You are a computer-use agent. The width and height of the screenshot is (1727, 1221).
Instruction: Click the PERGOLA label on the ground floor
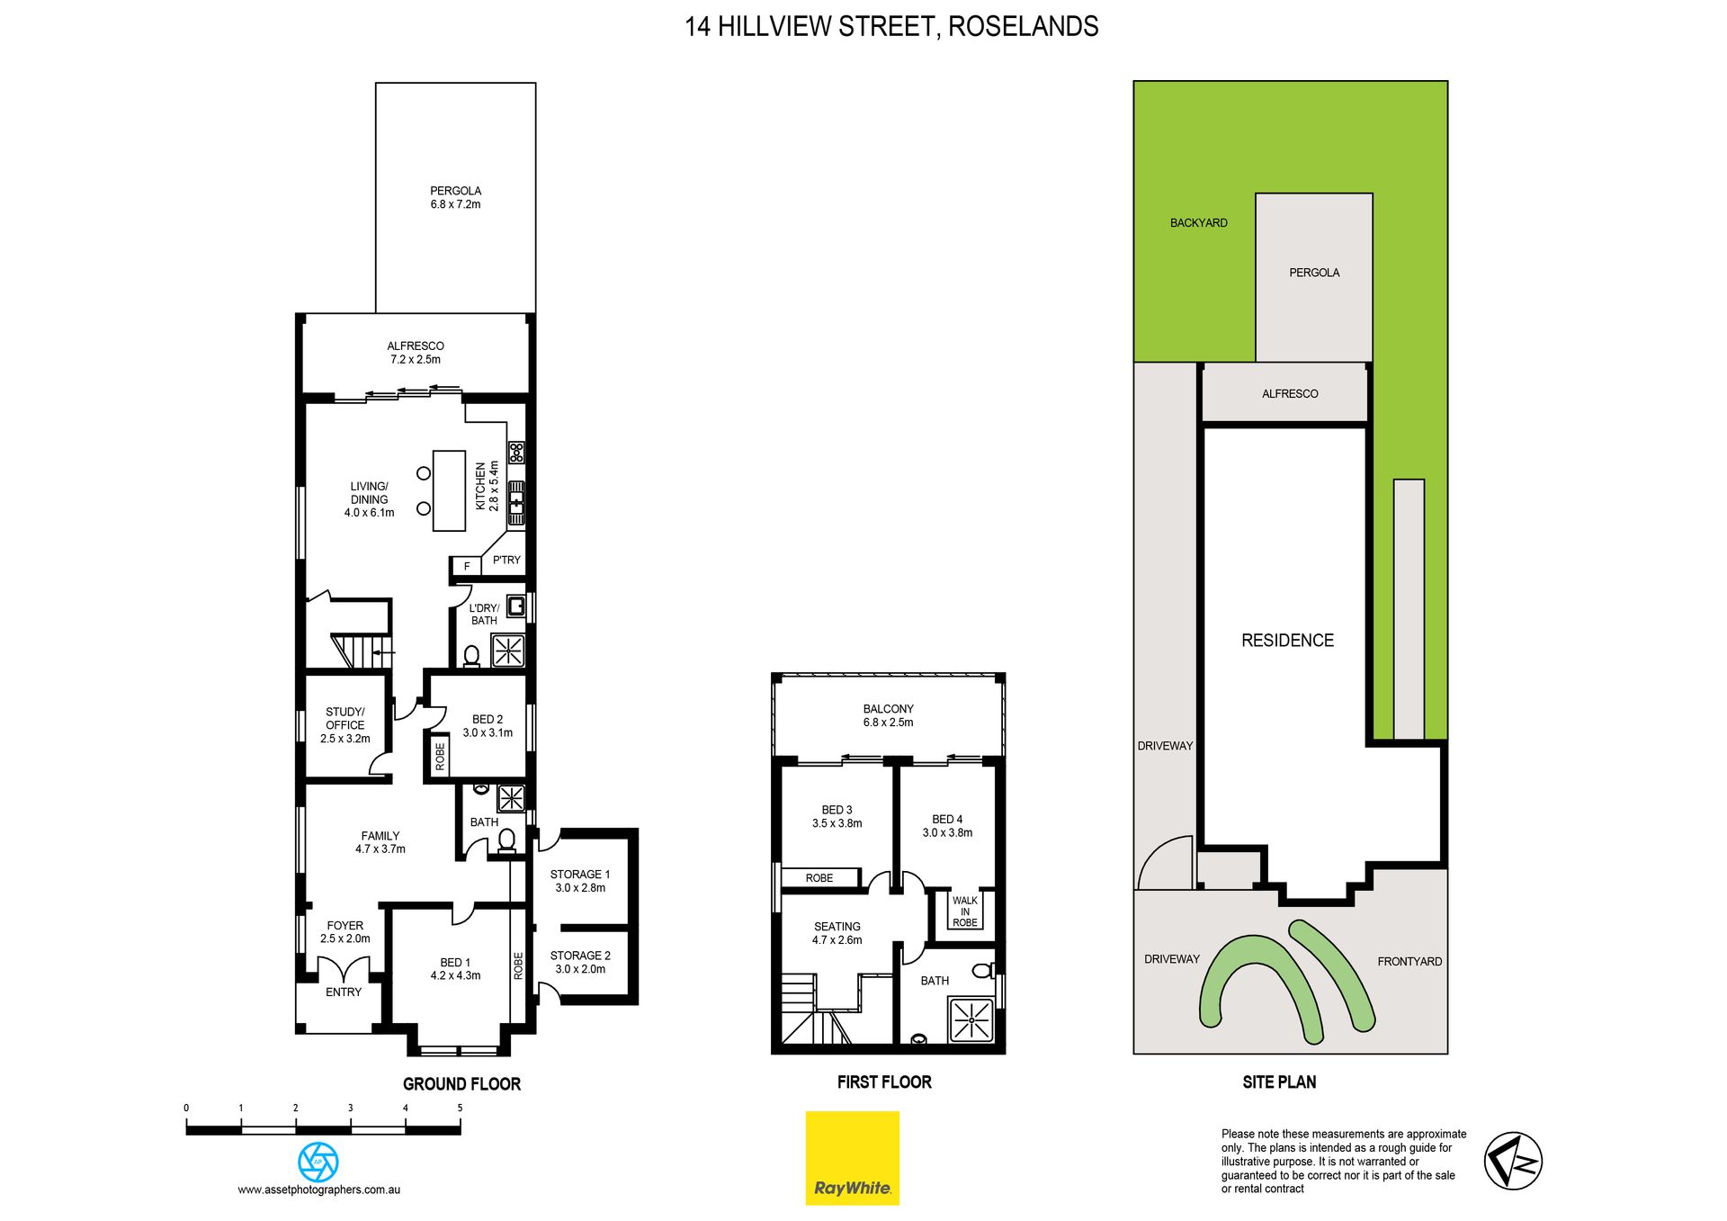pos(455,191)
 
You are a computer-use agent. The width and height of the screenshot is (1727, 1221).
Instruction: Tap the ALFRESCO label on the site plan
pos(1290,394)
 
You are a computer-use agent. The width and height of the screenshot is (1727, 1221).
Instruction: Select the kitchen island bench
pos(449,491)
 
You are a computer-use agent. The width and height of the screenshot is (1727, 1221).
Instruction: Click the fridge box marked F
pos(466,566)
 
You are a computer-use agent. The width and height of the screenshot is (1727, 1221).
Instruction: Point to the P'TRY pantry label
pos(506,560)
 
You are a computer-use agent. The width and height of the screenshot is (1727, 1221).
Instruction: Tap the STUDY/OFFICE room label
pos(345,718)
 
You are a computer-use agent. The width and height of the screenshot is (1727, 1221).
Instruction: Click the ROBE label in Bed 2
pos(440,757)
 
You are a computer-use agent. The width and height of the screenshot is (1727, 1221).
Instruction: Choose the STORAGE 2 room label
pos(580,956)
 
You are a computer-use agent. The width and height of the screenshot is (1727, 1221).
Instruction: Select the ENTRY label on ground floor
pos(344,992)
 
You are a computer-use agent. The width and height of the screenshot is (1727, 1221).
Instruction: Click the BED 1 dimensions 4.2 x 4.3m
pos(455,975)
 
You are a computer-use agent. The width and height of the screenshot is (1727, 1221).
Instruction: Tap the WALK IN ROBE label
pos(965,911)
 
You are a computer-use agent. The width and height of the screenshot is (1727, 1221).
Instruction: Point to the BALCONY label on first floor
pos(888,709)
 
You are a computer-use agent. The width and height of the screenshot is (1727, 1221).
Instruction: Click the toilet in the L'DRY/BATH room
pos(471,656)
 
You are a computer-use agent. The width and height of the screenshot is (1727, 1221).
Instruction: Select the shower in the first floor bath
pos(971,1019)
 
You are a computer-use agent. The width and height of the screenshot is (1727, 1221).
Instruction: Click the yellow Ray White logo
pos(852,1158)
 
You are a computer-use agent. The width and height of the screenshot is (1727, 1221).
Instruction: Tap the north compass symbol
pos(1513,1161)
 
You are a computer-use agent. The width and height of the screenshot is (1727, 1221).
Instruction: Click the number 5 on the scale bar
pos(460,1108)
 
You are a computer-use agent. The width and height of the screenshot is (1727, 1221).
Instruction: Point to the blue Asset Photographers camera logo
pos(318,1162)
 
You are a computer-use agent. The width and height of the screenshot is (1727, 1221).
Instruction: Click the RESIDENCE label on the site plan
pos(1287,641)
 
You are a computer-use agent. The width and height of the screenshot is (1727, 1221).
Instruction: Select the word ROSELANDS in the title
pos(1024,27)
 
